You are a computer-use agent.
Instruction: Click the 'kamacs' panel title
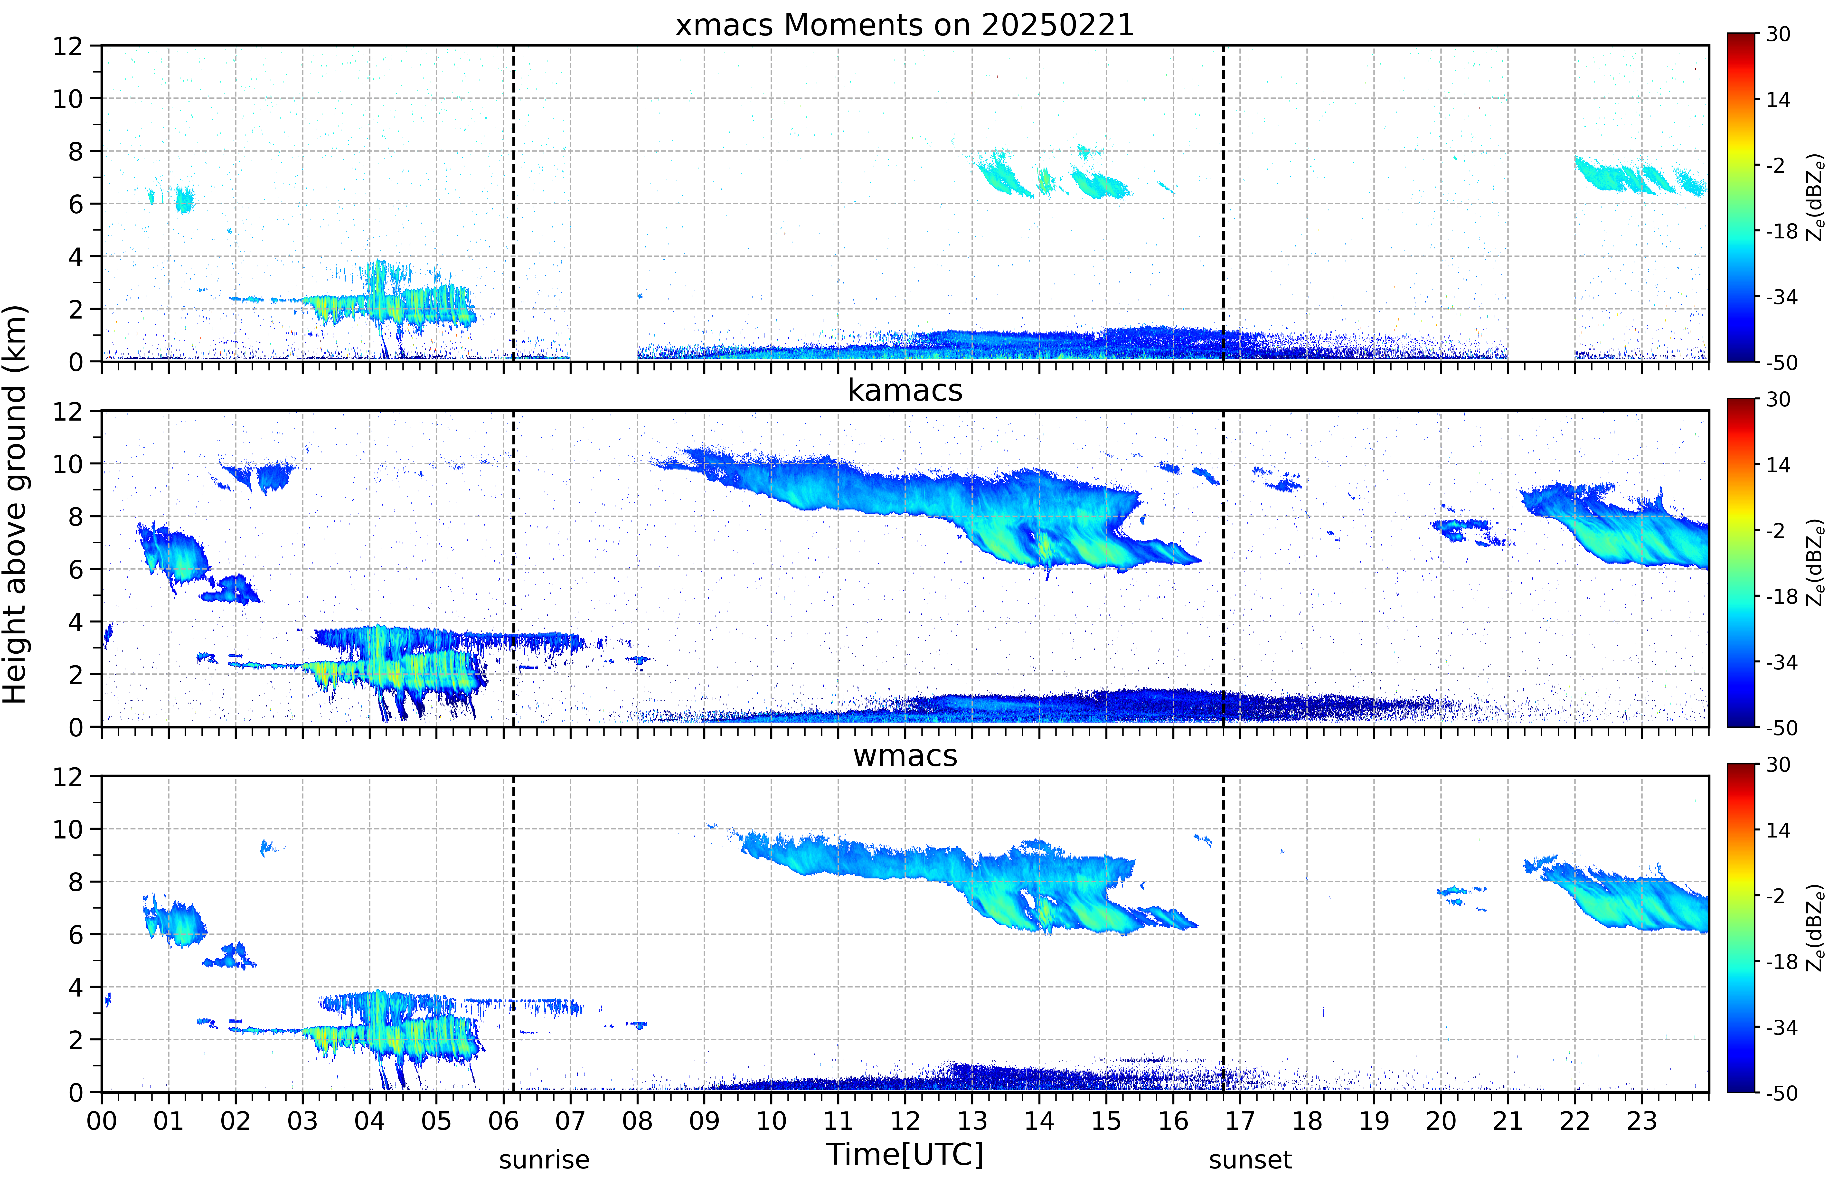tap(905, 390)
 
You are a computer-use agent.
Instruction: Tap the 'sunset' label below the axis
tap(1251, 1160)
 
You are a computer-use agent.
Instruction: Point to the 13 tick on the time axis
tap(972, 1120)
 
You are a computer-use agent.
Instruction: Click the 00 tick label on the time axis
tap(102, 1120)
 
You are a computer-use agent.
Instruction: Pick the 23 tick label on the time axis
tap(1642, 1120)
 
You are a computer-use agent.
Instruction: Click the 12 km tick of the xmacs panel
tap(68, 46)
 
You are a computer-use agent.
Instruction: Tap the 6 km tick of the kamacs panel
tap(75, 569)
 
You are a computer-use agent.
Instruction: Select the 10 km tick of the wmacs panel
tap(68, 829)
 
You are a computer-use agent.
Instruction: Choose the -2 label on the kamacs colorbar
tap(1775, 531)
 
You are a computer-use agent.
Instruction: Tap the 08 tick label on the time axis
tap(638, 1120)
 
